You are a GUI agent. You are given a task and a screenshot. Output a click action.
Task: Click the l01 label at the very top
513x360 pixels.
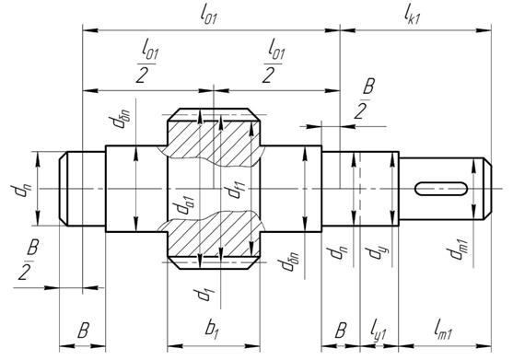pyautogui.click(x=208, y=16)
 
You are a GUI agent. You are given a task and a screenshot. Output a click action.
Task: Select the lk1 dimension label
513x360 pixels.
pyautogui.click(x=412, y=16)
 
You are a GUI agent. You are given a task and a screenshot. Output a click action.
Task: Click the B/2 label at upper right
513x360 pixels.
pyautogui.click(x=364, y=99)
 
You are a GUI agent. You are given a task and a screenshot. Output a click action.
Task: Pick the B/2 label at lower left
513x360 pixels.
pyautogui.click(x=29, y=260)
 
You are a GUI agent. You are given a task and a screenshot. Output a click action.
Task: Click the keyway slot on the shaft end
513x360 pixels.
pyautogui.click(x=441, y=189)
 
